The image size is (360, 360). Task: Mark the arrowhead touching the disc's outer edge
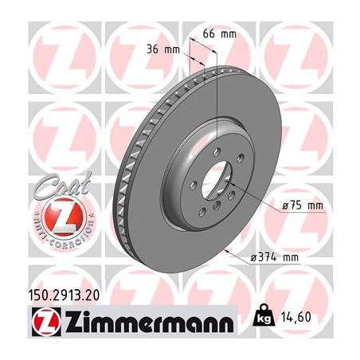coord(229,252)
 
